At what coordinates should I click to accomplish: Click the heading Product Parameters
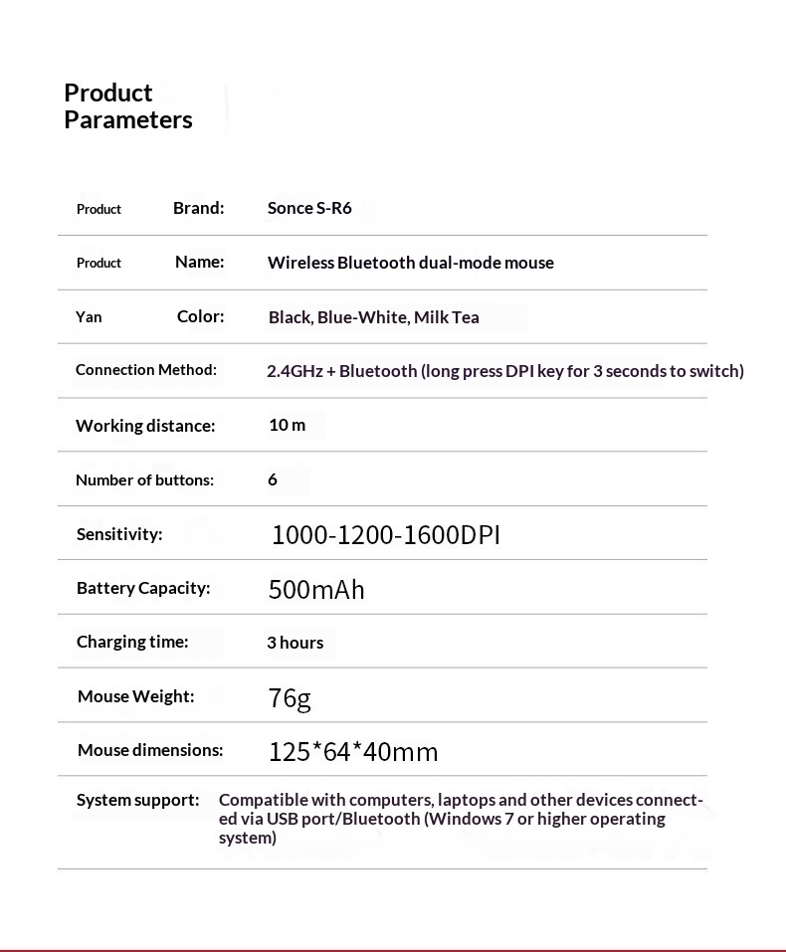click(x=127, y=106)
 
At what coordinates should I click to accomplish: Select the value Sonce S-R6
click(x=309, y=208)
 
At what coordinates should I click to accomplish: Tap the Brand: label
click(x=199, y=208)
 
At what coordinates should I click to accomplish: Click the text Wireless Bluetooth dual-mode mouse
click(x=410, y=263)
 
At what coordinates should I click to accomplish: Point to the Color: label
click(x=200, y=316)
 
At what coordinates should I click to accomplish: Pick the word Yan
click(x=89, y=317)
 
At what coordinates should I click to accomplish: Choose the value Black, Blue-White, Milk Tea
click(x=373, y=317)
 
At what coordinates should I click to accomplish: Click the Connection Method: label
click(x=145, y=370)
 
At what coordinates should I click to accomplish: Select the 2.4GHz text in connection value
click(x=295, y=371)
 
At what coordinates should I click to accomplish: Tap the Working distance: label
click(x=145, y=426)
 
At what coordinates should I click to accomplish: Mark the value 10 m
click(x=287, y=425)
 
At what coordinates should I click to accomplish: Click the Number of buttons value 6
click(x=273, y=479)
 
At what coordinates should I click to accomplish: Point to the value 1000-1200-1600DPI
click(x=385, y=535)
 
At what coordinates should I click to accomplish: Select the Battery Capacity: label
click(x=143, y=588)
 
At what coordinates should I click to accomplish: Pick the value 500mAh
click(x=316, y=590)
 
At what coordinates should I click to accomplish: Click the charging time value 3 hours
click(x=295, y=643)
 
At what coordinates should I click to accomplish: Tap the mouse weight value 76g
click(x=290, y=698)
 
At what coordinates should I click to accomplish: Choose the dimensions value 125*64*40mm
click(x=353, y=752)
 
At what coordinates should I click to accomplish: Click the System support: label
click(x=137, y=800)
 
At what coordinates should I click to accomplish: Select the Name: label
click(x=200, y=262)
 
